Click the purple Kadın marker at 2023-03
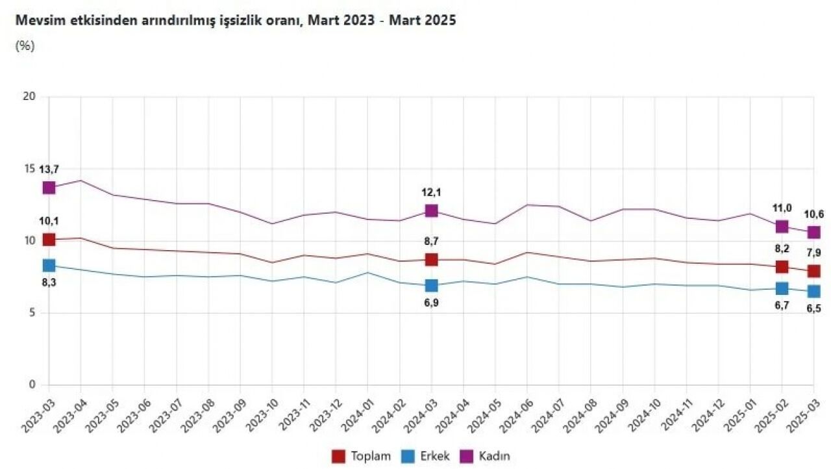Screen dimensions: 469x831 [x=49, y=188]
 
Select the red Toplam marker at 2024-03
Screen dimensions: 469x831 [x=432, y=260]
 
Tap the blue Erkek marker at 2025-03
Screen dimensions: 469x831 [x=813, y=291]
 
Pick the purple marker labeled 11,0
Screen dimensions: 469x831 [x=782, y=227]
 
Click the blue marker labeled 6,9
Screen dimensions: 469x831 [x=432, y=286]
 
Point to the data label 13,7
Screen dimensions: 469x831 [x=49, y=169]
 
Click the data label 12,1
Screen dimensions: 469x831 [x=432, y=192]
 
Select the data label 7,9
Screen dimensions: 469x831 [x=813, y=253]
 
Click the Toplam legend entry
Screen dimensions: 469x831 [x=362, y=456]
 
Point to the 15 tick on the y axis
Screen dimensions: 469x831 [x=29, y=169]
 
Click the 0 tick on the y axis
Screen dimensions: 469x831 [x=31, y=385]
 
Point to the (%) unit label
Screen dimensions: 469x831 [x=25, y=45]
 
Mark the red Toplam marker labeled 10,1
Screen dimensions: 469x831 [x=49, y=240]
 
